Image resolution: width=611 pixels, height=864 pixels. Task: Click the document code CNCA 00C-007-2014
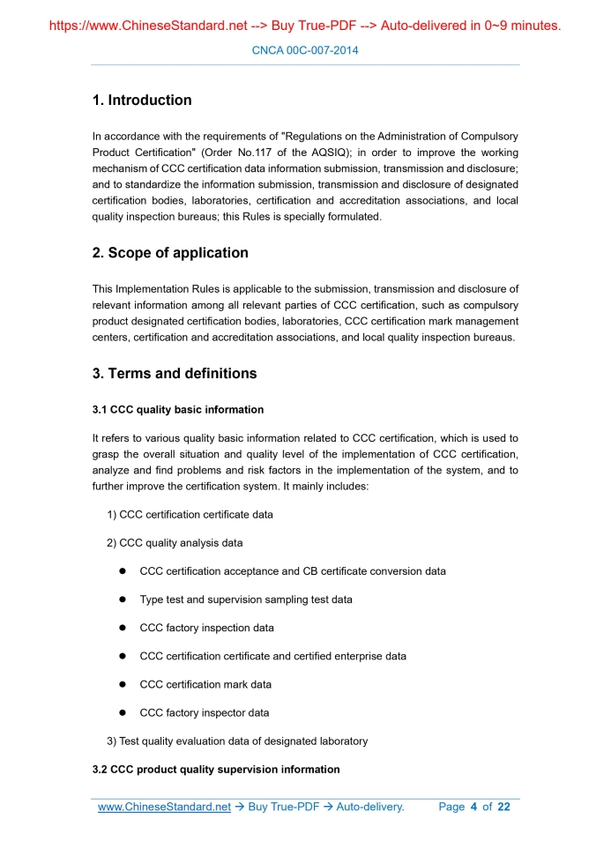[305, 51]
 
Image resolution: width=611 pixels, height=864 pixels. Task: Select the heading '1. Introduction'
[142, 101]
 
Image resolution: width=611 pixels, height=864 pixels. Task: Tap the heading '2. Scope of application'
[170, 253]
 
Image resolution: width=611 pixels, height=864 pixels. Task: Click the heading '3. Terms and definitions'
[175, 374]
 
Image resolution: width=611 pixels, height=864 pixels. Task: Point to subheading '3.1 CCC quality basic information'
[178, 410]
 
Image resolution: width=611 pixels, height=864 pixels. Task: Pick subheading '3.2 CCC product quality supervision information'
[216, 770]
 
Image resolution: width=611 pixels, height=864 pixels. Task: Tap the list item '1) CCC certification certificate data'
[190, 515]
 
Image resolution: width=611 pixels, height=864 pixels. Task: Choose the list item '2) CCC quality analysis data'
[175, 543]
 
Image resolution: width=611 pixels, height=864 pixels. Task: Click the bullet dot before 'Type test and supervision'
[124, 600]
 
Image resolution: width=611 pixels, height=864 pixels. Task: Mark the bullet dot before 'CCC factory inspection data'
[124, 629]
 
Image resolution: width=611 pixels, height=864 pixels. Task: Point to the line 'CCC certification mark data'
[205, 685]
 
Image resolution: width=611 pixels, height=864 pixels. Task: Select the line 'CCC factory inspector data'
[205, 713]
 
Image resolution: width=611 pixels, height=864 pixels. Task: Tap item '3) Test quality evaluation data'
[237, 741]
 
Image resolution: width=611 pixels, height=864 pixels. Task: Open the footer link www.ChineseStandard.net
[164, 807]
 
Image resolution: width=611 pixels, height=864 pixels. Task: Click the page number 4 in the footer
[473, 807]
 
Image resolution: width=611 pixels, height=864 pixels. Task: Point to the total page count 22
[503, 807]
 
